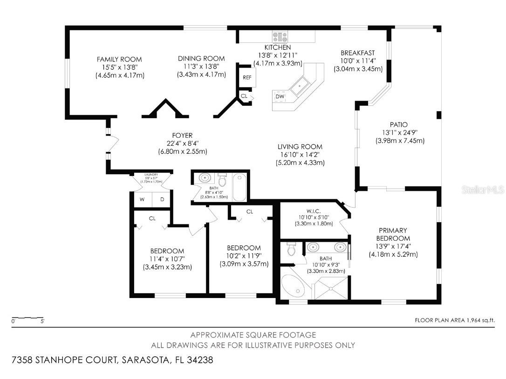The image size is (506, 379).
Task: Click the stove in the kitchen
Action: click(x=280, y=36)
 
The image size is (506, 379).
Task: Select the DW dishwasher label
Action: click(x=280, y=96)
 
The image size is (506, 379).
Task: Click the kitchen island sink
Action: click(x=296, y=87)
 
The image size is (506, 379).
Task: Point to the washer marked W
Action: click(x=143, y=199)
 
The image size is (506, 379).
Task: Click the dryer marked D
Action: click(x=162, y=199)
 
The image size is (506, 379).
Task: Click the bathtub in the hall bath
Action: click(x=239, y=187)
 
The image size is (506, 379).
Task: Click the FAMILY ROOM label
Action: click(x=119, y=59)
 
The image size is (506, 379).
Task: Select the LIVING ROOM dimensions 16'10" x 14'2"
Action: click(x=300, y=155)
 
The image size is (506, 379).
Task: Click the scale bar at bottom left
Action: click(x=28, y=318)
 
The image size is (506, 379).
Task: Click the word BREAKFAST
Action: click(x=357, y=53)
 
